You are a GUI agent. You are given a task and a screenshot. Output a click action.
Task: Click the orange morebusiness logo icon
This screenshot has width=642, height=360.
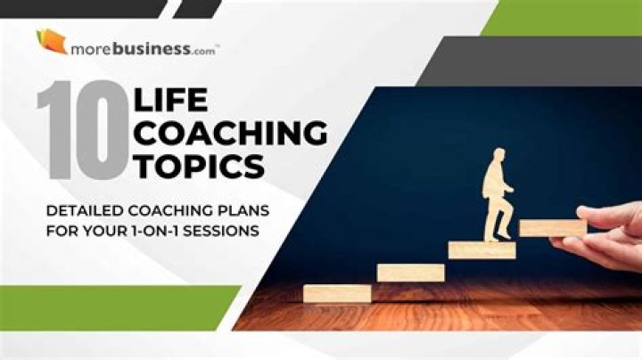click(x=51, y=41)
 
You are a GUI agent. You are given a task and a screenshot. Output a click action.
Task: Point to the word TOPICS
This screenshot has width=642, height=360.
click(x=198, y=166)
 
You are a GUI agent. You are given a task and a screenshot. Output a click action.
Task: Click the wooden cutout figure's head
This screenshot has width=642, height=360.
click(x=494, y=158)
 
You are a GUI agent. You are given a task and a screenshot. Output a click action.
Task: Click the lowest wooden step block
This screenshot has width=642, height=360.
click(x=337, y=293)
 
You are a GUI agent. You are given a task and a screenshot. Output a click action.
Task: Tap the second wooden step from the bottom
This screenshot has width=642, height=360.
click(x=410, y=272)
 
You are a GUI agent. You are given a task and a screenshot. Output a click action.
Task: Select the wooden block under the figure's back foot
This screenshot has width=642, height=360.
click(x=481, y=250)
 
